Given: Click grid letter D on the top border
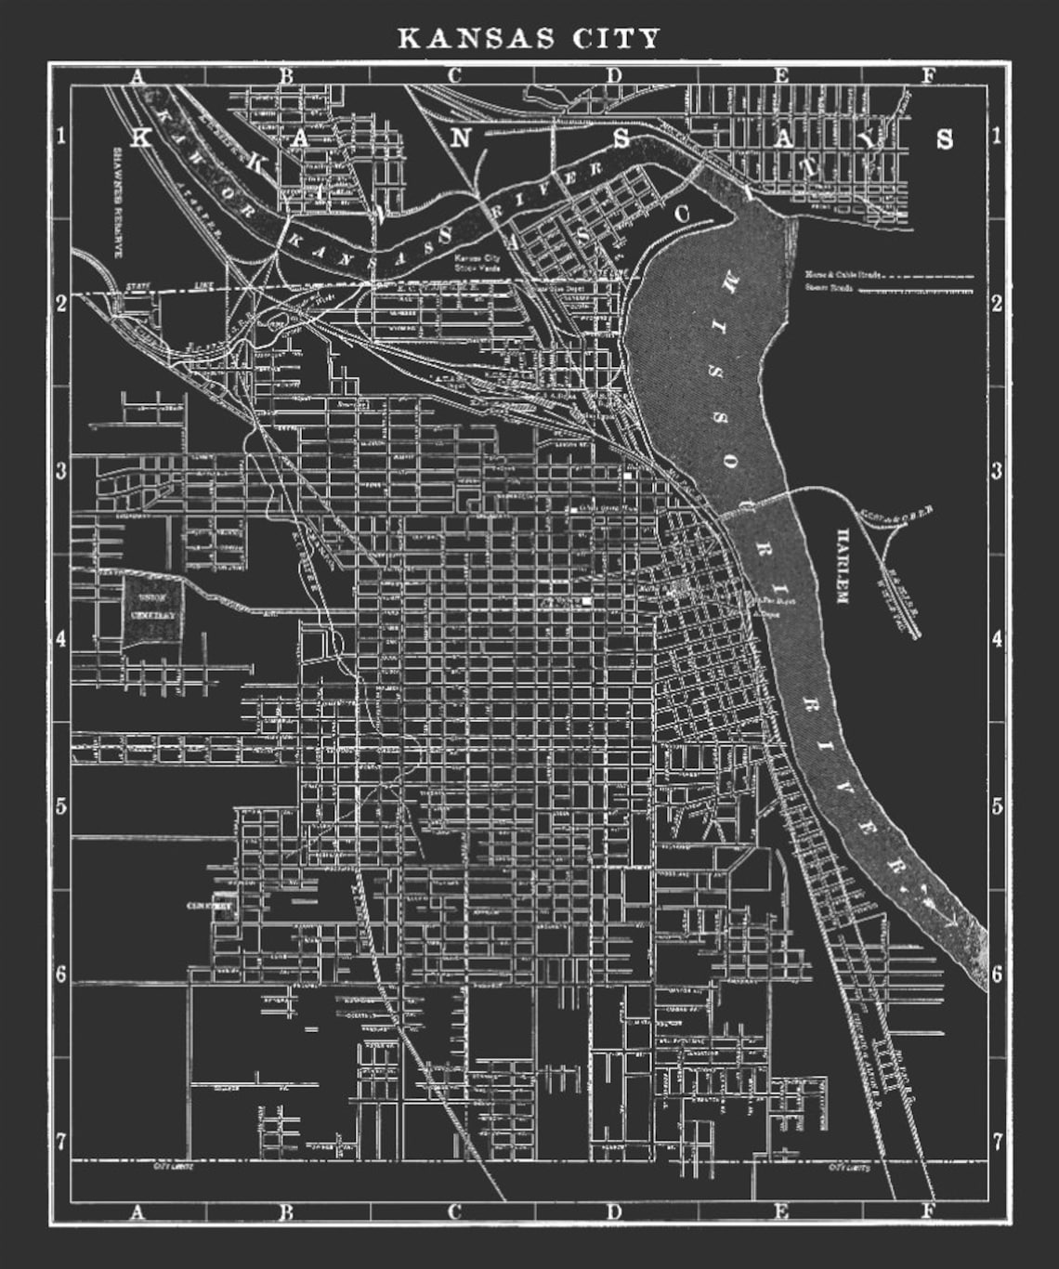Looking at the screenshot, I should click(x=614, y=75).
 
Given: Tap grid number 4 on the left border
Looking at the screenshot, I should click(x=60, y=639).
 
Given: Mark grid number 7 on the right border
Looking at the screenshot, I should click(x=997, y=1141).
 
